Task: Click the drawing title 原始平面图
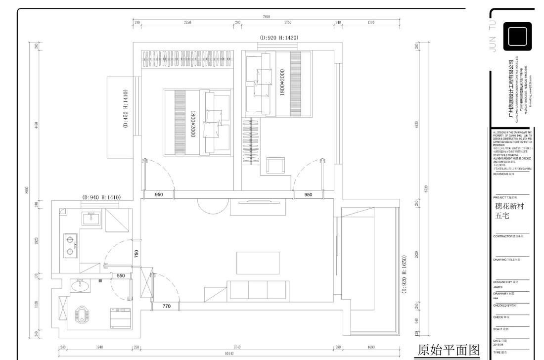[449, 350]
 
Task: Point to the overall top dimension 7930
[267, 17]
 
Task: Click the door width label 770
[167, 307]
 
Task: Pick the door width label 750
[136, 253]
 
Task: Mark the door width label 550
[121, 276]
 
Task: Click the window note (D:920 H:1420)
[279, 38]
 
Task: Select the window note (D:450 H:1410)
[126, 109]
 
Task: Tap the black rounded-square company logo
[517, 37]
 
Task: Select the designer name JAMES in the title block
[498, 286]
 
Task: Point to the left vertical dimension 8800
[27, 190]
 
